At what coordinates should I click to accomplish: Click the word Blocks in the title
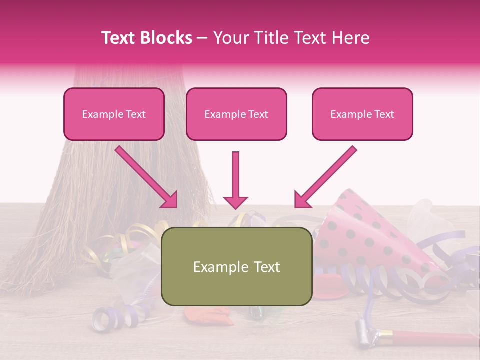[167, 38]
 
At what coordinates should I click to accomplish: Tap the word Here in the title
[349, 38]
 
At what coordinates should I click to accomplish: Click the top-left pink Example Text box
[114, 114]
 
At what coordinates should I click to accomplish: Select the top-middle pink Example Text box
[236, 114]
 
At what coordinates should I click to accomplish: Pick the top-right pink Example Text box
[362, 114]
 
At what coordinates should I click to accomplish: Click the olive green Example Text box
[236, 267]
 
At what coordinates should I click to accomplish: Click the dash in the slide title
[202, 38]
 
